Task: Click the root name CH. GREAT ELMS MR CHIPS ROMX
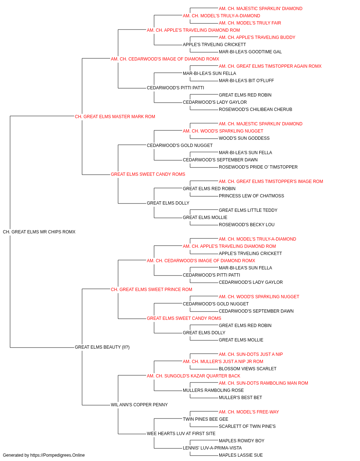click(39, 232)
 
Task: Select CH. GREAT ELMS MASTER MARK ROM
click(115, 117)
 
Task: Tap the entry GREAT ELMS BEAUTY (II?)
click(102, 347)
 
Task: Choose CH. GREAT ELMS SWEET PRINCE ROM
click(151, 290)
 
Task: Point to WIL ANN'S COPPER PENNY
click(139, 405)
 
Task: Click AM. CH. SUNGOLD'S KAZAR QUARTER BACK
click(193, 376)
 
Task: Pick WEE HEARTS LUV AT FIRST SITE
click(181, 434)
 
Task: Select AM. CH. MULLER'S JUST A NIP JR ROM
click(223, 362)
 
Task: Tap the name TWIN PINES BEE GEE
click(206, 419)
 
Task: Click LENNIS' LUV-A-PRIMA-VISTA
click(212, 448)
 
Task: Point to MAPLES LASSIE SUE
click(240, 455)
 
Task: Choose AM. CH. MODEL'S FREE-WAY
click(249, 412)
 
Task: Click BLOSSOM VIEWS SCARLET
click(247, 369)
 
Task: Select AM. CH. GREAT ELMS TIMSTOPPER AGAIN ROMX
click(270, 66)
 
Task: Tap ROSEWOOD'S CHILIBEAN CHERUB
click(255, 109)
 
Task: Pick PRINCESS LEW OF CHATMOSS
click(251, 196)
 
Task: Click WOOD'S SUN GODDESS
click(244, 138)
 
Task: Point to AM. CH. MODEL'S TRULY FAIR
click(250, 23)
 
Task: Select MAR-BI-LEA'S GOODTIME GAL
click(250, 52)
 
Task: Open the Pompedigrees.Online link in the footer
click(57, 455)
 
